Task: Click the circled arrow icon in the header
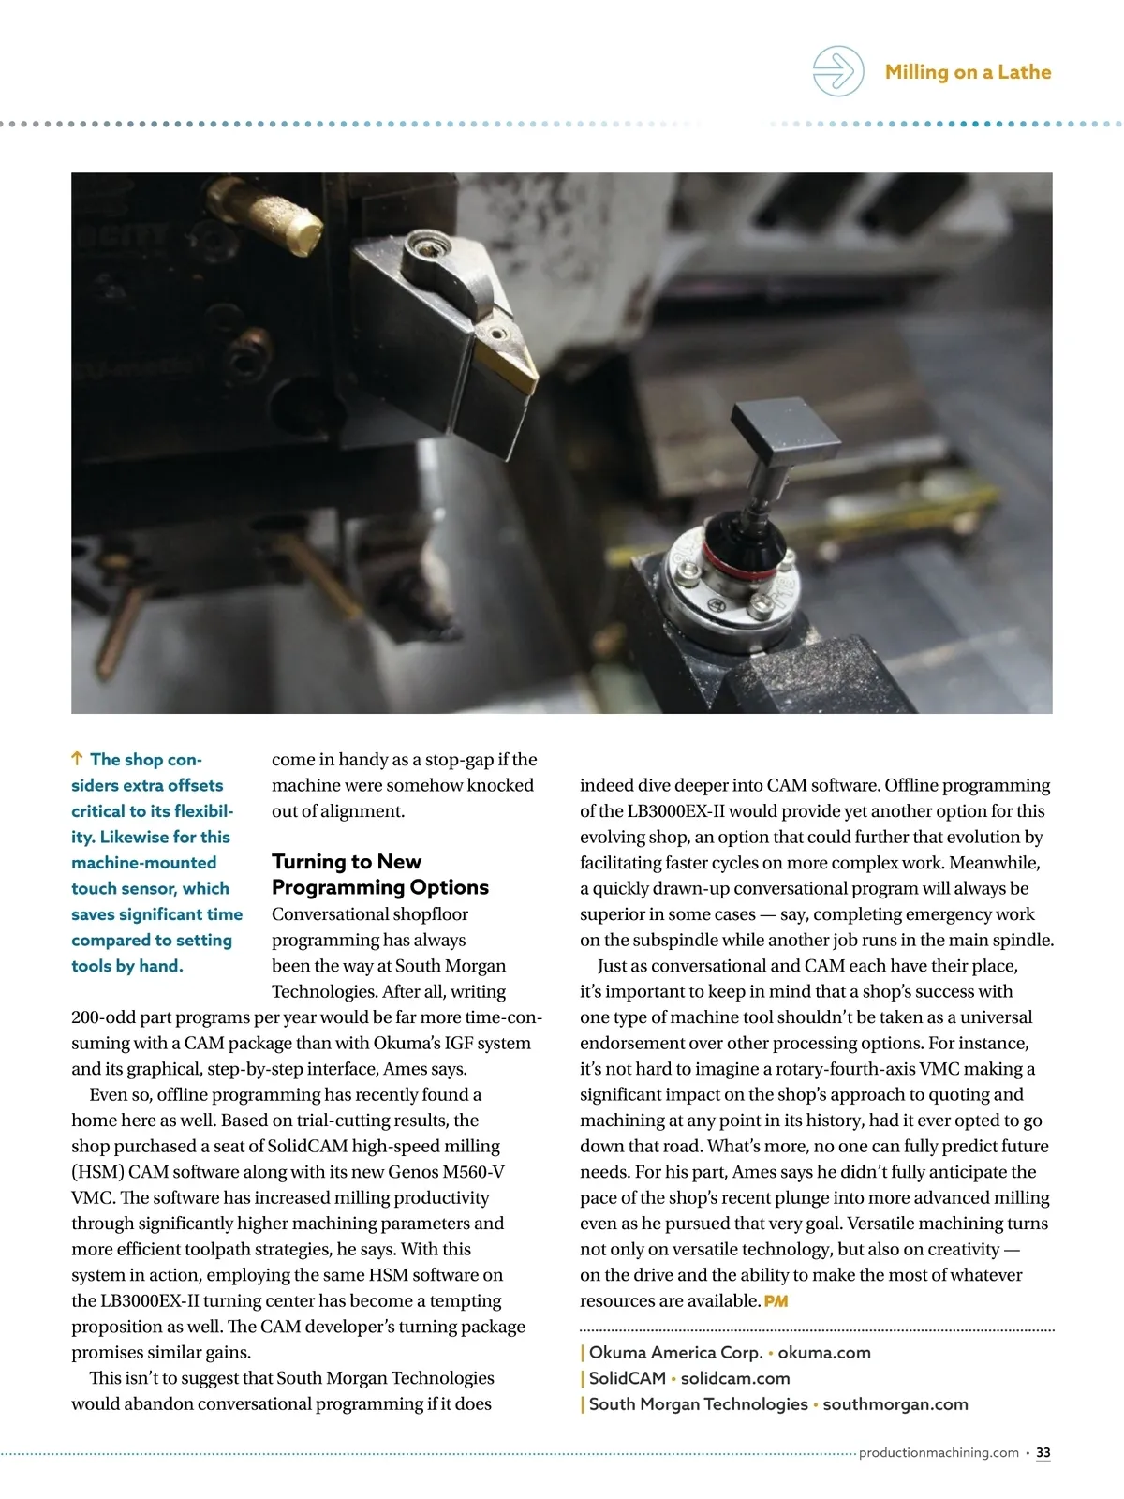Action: [x=837, y=71]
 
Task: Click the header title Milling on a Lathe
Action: [x=968, y=72]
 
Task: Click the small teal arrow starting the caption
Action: [x=78, y=759]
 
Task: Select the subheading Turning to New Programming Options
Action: [x=379, y=874]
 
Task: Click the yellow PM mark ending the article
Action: [x=776, y=1301]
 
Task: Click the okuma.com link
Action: [x=824, y=1353]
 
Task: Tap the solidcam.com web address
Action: [x=735, y=1378]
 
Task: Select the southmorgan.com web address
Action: [x=895, y=1404]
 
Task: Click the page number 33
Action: [x=1043, y=1453]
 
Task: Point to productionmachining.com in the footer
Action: [x=939, y=1453]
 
